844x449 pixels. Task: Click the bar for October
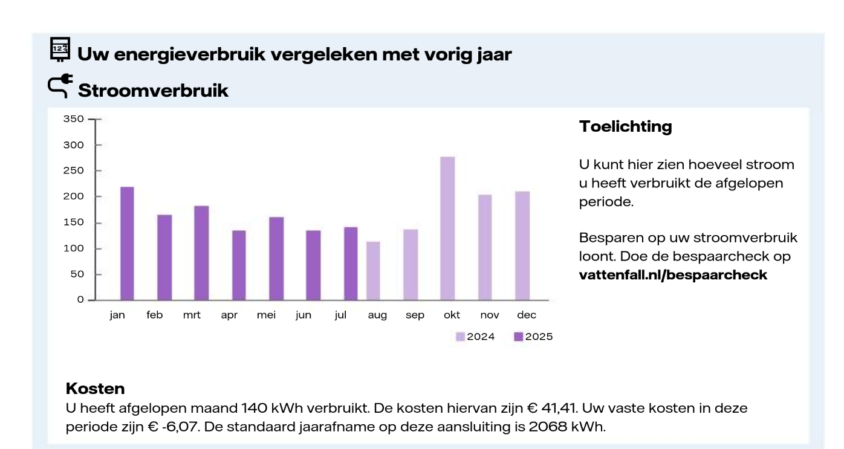[447, 228]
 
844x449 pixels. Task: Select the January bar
[127, 244]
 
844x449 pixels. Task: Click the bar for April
[239, 265]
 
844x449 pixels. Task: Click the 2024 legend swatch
[460, 337]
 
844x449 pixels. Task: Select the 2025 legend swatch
[518, 337]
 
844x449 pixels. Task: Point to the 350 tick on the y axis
[74, 119]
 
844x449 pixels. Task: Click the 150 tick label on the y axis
[74, 222]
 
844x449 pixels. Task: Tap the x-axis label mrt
[192, 315]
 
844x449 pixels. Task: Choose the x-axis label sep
[415, 315]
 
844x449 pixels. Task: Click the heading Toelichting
[625, 127]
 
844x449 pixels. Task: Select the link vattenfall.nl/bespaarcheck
[673, 275]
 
